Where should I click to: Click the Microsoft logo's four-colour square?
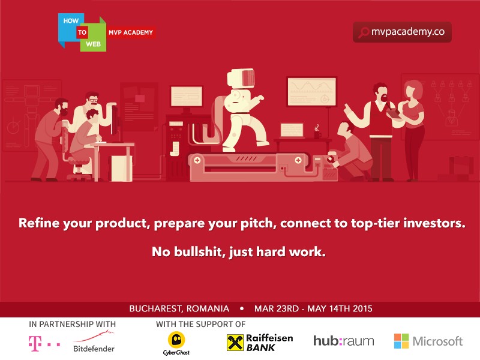401,341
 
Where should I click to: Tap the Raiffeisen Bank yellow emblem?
235,343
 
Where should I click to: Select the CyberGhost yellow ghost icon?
176,340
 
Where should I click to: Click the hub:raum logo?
343,341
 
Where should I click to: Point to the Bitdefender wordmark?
94,349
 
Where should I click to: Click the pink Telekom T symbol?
35,343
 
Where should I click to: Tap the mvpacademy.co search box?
402,32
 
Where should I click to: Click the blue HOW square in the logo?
71,27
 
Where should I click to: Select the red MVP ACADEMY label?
131,32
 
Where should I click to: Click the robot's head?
241,78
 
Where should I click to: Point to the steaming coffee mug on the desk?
317,132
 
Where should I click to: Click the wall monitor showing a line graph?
311,92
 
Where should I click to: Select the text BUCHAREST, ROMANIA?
179,308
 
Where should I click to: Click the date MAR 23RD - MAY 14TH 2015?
313,308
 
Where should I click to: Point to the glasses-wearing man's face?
92,101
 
